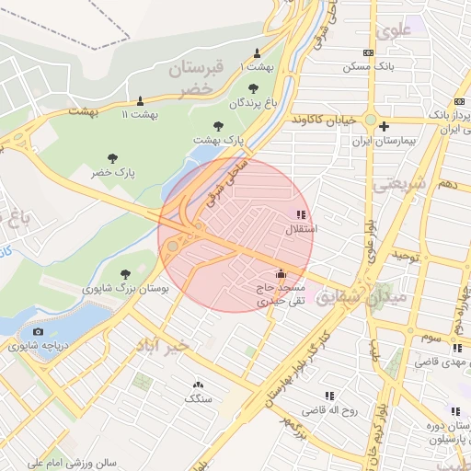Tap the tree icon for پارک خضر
point(112,158)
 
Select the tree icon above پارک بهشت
point(218,126)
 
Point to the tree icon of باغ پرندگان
point(253,88)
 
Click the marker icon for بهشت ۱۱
point(140,100)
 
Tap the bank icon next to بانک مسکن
point(369,53)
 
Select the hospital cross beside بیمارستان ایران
point(385,126)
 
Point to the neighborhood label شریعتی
point(399,185)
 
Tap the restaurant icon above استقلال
point(302,214)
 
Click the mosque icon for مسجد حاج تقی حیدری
point(281,274)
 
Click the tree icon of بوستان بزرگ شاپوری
point(125,274)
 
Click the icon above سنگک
point(197,385)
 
